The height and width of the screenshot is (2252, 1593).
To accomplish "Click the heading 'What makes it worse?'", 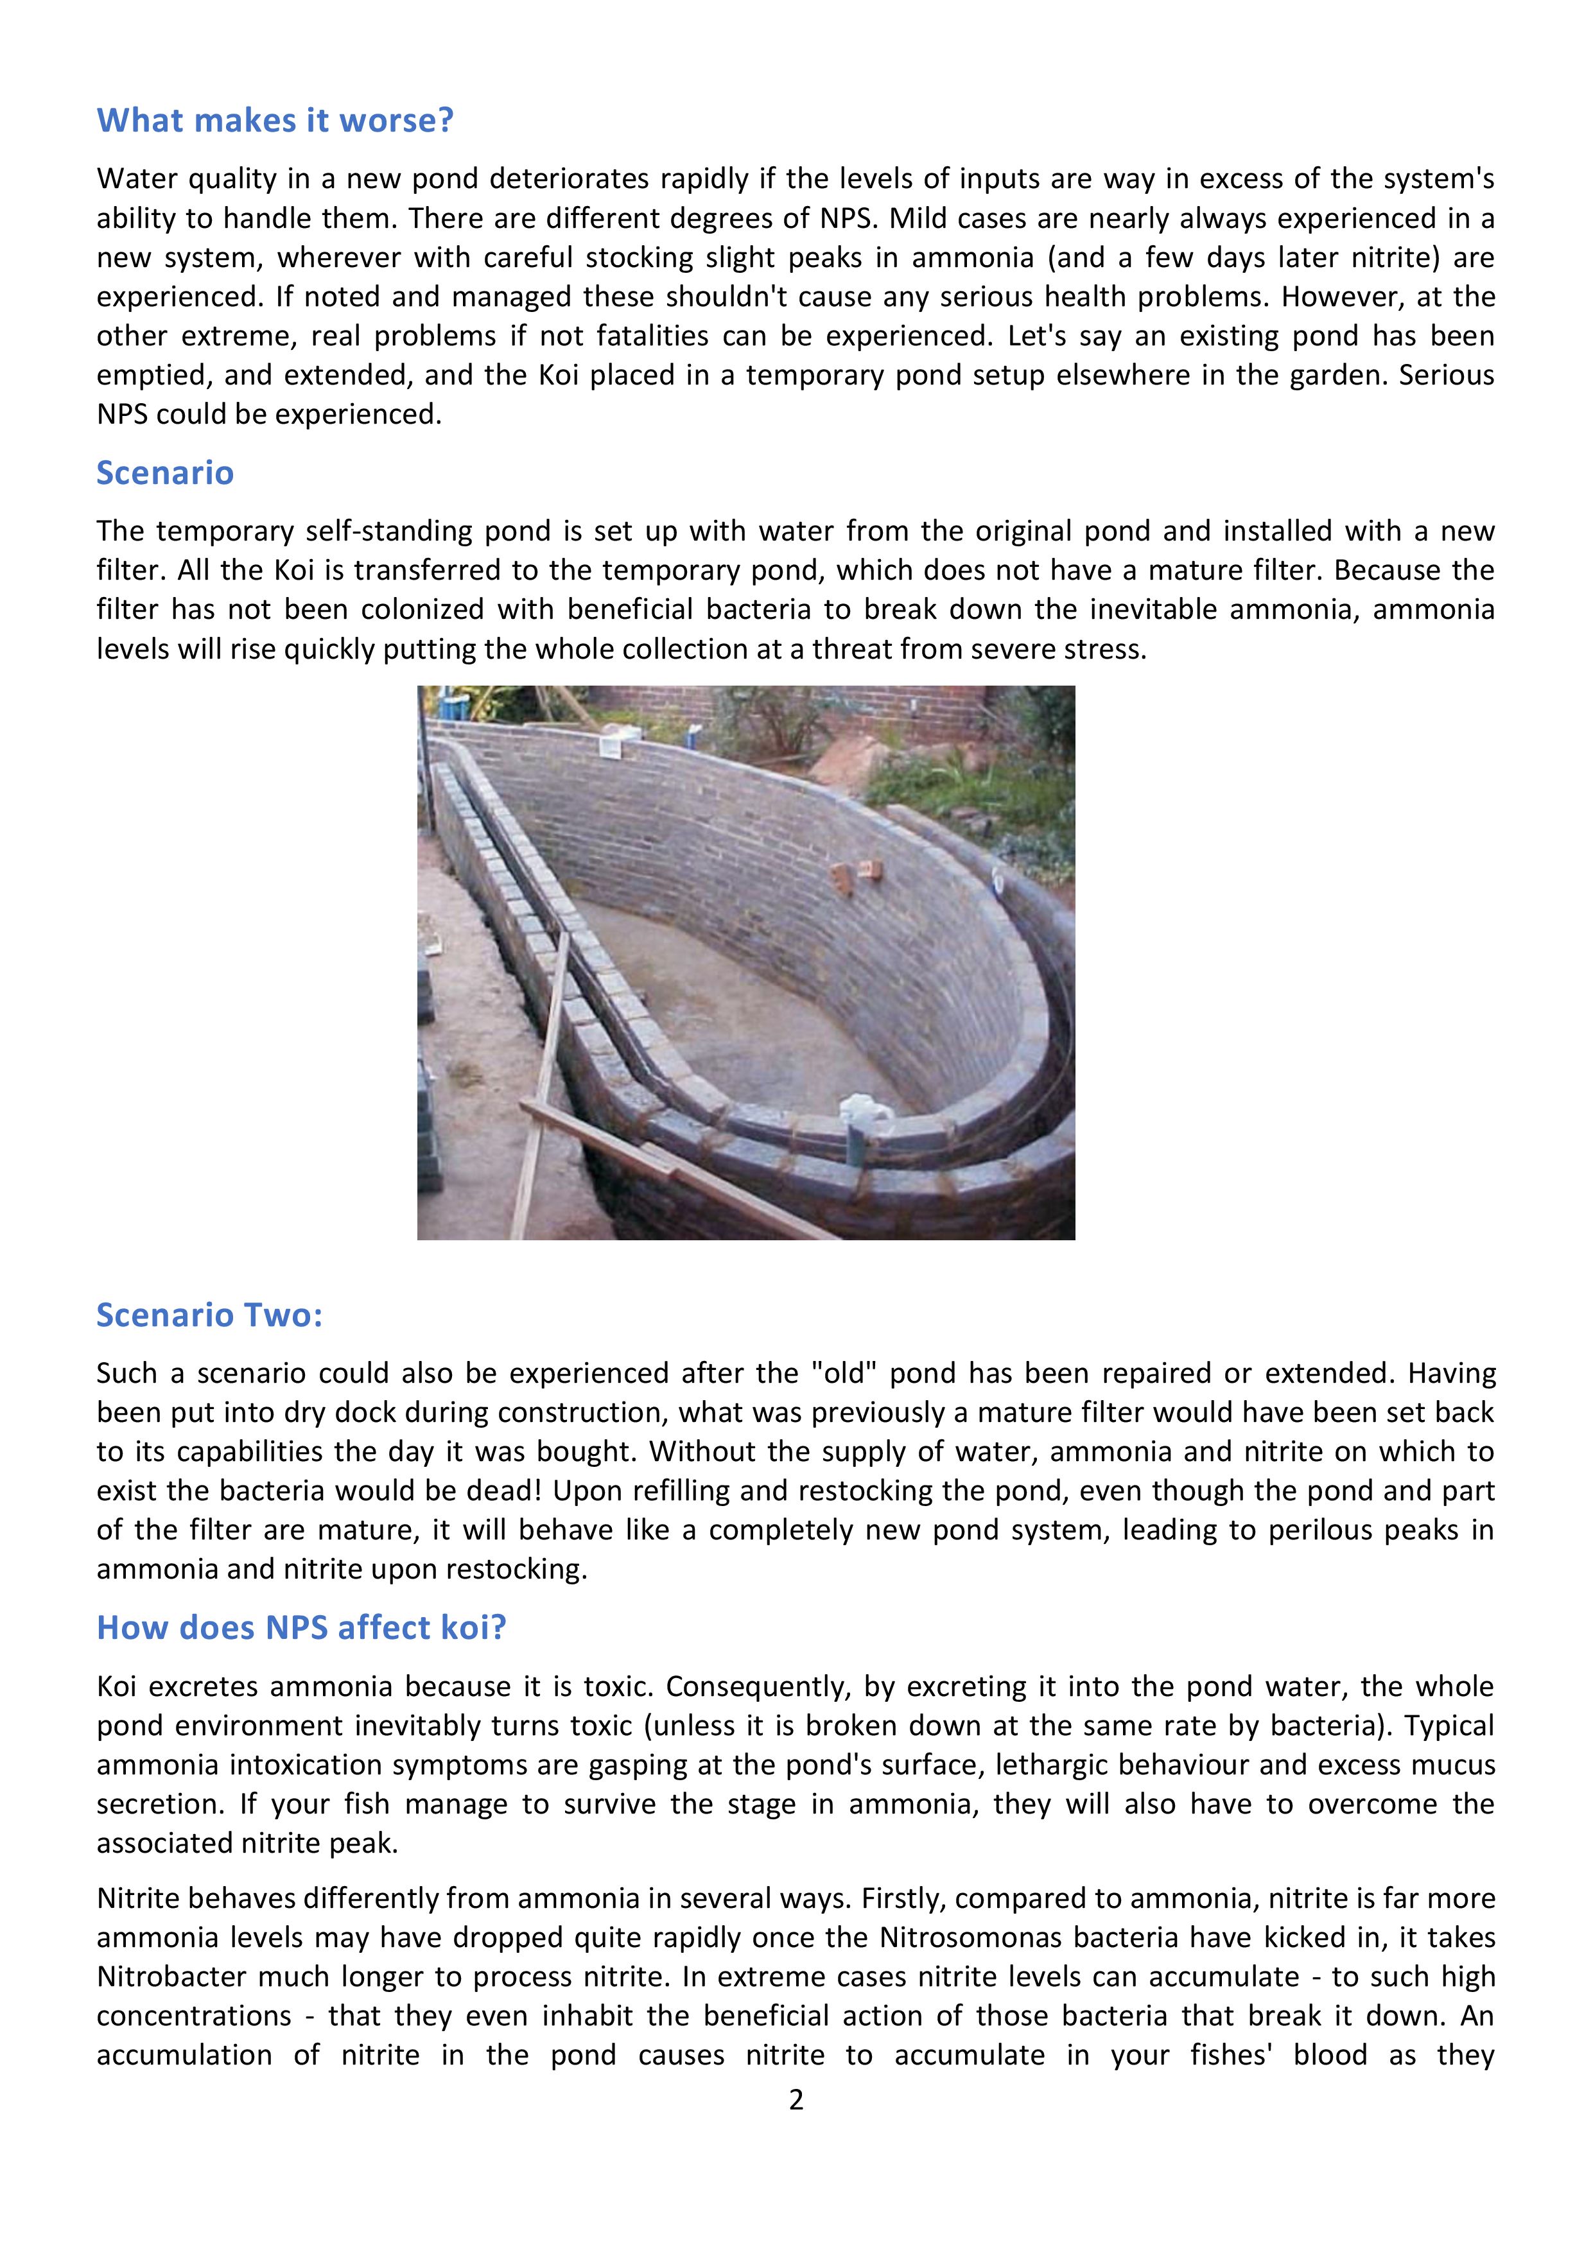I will pos(275,121).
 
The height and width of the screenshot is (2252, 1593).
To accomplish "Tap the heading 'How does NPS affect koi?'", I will pos(301,1627).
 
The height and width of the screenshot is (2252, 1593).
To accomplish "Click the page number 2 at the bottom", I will pos(796,2099).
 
